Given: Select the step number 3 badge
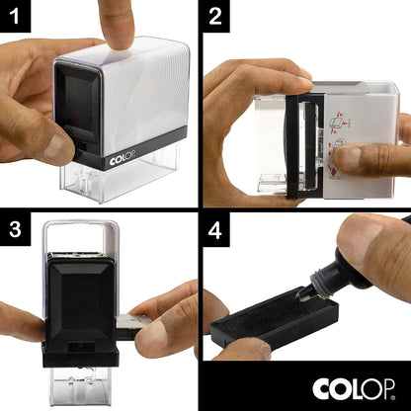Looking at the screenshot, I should click(x=18, y=228).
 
